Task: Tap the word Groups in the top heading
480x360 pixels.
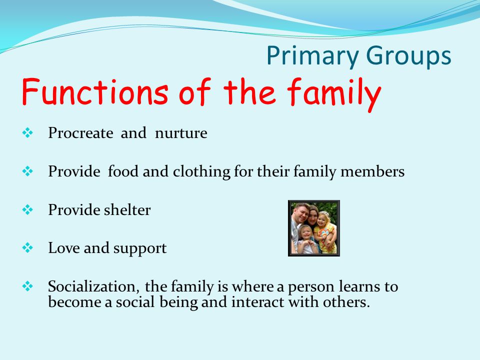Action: point(408,56)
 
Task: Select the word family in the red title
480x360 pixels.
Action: point(334,93)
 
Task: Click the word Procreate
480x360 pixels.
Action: point(80,133)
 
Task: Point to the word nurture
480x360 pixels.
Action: point(181,133)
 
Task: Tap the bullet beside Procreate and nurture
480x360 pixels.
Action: point(27,133)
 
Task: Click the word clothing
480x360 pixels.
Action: point(201,171)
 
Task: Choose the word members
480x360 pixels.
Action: point(372,171)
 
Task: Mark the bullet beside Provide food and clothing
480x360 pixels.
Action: point(27,171)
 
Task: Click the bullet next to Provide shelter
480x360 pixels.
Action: point(27,209)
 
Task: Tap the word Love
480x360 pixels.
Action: point(63,248)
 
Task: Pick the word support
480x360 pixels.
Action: point(140,249)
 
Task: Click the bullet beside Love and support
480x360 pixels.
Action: point(27,247)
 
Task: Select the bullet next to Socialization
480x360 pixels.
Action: point(27,286)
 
